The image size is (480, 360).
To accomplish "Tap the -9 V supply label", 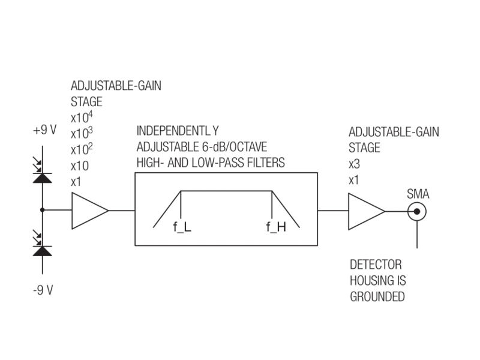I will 43,290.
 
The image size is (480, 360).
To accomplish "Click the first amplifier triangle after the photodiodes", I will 89,211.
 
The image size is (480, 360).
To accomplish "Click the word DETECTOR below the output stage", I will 376,265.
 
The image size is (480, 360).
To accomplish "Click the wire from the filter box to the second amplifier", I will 332,211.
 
